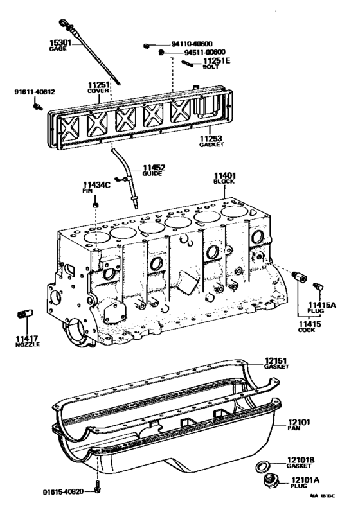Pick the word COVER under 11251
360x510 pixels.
[x=100, y=91]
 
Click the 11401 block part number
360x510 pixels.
[x=226, y=175]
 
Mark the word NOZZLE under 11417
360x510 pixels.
[x=27, y=345]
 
